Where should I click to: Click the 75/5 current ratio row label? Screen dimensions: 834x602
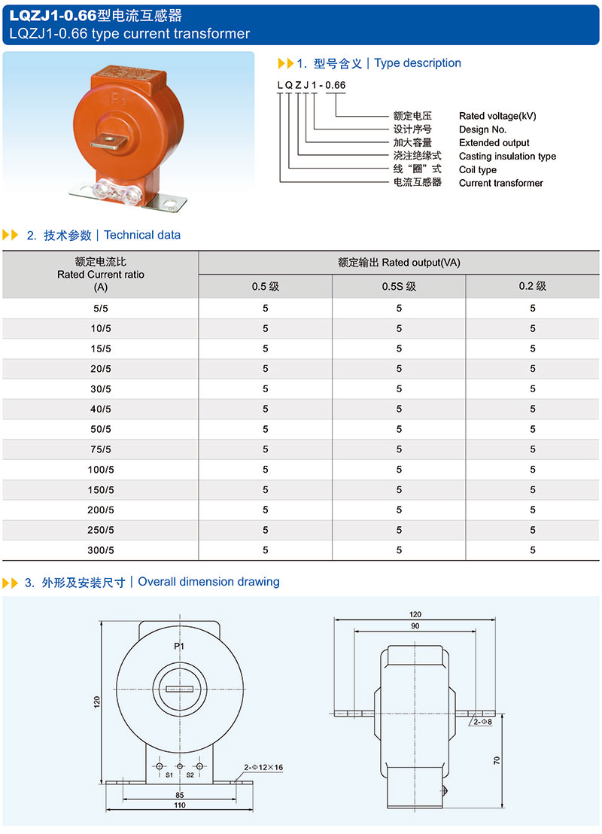[x=100, y=449]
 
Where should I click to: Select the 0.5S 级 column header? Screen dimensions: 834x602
[x=399, y=286]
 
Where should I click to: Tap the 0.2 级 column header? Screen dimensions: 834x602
[x=532, y=286]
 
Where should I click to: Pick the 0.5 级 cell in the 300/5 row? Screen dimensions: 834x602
[x=266, y=550]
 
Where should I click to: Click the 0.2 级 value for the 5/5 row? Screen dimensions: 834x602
[x=532, y=308]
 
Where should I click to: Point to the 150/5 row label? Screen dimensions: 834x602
[x=100, y=490]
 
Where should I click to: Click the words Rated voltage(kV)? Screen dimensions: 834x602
[x=497, y=116]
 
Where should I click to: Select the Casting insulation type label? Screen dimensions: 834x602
[x=507, y=157]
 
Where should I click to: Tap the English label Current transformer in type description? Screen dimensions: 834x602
[x=500, y=183]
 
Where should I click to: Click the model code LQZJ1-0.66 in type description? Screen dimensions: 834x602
[x=312, y=85]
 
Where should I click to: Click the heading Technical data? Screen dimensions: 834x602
[x=142, y=235]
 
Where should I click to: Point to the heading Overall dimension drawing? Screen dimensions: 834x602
[x=208, y=582]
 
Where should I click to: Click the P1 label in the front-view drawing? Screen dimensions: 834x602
[x=179, y=647]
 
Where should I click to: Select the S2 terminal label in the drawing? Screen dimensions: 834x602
[x=190, y=775]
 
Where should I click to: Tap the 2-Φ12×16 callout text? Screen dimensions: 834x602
[x=263, y=768]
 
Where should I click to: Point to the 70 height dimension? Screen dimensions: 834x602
[x=497, y=760]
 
